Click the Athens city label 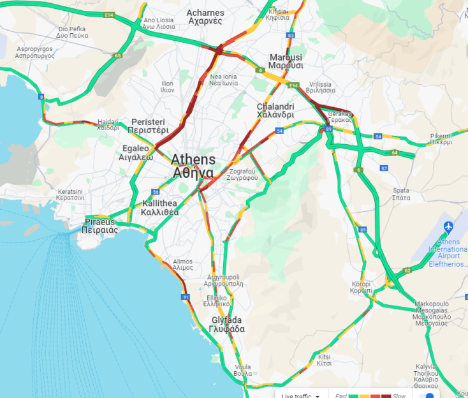click(x=194, y=166)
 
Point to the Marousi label click(x=286, y=61)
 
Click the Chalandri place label click(x=275, y=110)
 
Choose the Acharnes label click(x=205, y=17)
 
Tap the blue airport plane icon click(x=449, y=226)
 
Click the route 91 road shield click(x=186, y=297)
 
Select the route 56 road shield click(x=156, y=192)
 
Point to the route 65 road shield click(x=118, y=55)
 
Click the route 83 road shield click(x=291, y=36)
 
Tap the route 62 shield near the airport click(x=407, y=270)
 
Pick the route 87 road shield click(x=383, y=168)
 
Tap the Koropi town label click(x=361, y=287)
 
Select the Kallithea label click(x=159, y=207)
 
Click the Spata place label click(x=401, y=194)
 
